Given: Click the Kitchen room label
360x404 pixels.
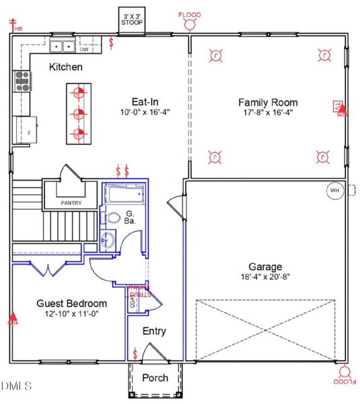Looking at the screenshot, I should [x=66, y=67].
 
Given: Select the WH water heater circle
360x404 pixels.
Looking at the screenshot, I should [x=334, y=191].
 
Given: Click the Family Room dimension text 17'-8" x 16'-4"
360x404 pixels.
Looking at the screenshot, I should [x=268, y=113].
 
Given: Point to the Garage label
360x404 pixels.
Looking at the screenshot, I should [x=265, y=267].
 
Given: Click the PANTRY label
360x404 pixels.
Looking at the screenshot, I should [x=71, y=202].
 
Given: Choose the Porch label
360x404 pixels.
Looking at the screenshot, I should [x=155, y=378].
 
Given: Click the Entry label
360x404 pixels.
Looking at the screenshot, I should [x=154, y=331].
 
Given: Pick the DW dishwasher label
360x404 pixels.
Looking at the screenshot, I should [x=84, y=49].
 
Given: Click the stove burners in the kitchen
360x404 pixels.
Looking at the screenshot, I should [x=22, y=81].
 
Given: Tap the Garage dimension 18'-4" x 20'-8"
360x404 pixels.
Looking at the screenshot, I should [x=265, y=277].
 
